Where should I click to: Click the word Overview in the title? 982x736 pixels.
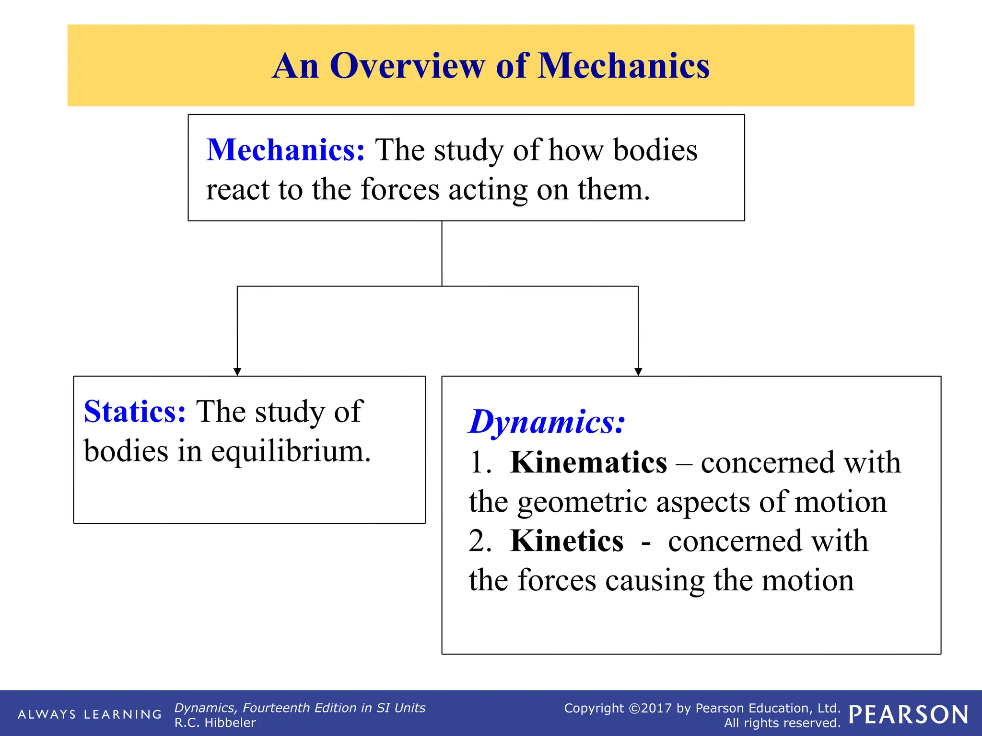point(408,66)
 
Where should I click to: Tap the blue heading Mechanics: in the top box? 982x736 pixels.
point(286,150)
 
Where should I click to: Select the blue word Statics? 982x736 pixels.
point(135,412)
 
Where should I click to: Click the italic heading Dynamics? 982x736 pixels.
point(547,422)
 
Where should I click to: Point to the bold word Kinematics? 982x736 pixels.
point(588,463)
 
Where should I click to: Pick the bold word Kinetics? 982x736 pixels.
point(567,541)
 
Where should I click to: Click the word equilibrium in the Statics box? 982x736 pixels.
point(291,452)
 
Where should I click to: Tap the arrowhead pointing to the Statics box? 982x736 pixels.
point(237,372)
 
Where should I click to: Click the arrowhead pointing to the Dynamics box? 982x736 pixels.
point(638,372)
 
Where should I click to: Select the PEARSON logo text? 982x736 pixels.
point(908,715)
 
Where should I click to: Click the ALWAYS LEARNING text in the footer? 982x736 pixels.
point(90,714)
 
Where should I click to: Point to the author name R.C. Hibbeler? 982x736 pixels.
point(215,723)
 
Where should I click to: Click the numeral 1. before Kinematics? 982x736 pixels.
point(480,463)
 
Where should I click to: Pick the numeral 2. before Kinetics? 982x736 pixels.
point(480,541)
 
